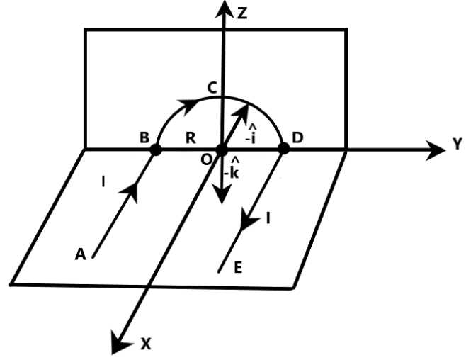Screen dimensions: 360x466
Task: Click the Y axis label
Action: (457, 145)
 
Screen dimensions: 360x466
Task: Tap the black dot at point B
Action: (155, 150)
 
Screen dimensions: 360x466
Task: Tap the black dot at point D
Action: (283, 149)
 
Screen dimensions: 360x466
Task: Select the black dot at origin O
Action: (222, 150)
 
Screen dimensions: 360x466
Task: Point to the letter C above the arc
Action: (212, 88)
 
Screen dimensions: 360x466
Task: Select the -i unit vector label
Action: (249, 133)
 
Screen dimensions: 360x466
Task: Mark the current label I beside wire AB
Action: (103, 183)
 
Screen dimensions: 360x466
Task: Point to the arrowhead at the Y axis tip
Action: (435, 150)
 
